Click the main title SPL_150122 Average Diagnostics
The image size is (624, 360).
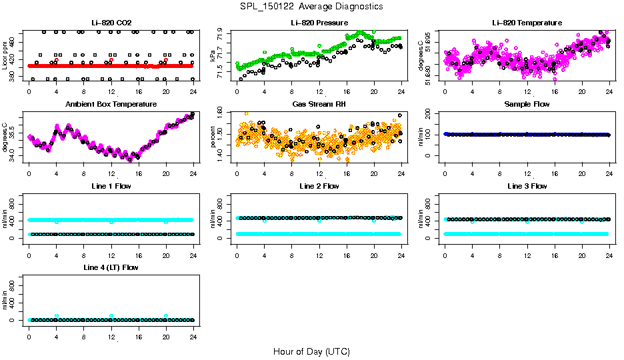[312, 6]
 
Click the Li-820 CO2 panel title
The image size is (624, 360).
[111, 23]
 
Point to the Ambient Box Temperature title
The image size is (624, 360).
[111, 105]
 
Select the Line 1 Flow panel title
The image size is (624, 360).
[111, 186]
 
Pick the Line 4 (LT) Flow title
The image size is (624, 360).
[111, 267]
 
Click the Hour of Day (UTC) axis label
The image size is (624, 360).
[311, 351]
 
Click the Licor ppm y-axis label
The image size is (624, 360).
[5, 56]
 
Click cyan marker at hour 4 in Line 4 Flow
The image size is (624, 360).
[57, 316]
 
